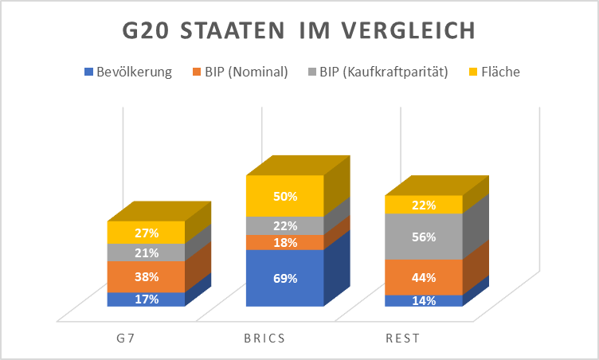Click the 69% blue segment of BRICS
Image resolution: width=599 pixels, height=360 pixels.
pos(284,278)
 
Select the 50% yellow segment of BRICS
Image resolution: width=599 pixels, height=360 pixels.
pos(284,196)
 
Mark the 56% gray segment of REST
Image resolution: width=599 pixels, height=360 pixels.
pos(423,237)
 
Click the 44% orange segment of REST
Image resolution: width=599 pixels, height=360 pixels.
pos(423,277)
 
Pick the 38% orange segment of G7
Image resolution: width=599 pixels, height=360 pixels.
pos(147,277)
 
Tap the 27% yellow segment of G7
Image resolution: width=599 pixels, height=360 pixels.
pos(147,233)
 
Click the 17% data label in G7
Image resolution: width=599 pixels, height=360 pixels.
pos(147,299)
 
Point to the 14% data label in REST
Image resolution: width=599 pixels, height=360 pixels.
pos(423,301)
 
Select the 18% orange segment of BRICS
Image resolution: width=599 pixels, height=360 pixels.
pos(284,242)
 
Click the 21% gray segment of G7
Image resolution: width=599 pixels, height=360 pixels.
pos(147,252)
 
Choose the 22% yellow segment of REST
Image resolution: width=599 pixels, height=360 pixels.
pos(423,205)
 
